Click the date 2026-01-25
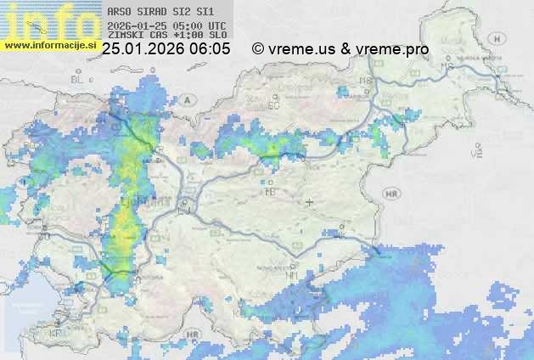click(x=137, y=26)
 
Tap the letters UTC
click(x=217, y=26)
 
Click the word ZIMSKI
click(x=124, y=36)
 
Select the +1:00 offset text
click(x=187, y=36)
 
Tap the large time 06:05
click(x=210, y=49)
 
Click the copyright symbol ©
click(x=258, y=49)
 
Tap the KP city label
click(x=57, y=333)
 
